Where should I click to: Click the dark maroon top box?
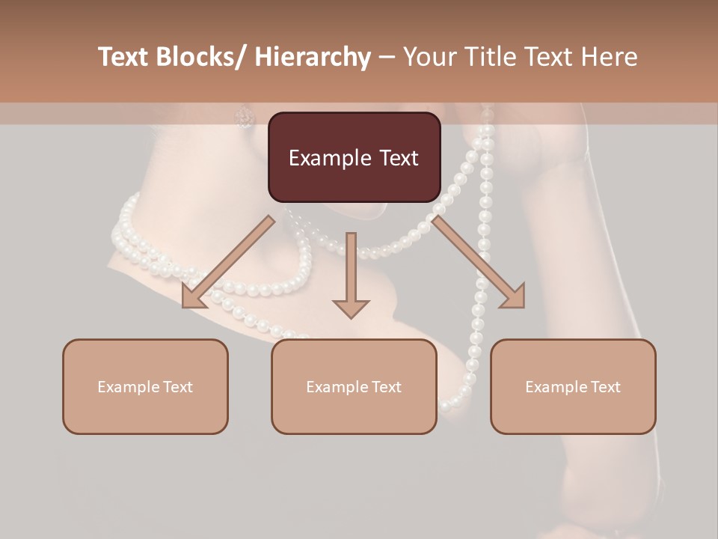click(x=354, y=157)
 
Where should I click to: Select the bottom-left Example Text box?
click(x=145, y=386)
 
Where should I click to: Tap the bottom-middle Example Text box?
click(x=354, y=386)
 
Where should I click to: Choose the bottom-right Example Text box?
click(x=573, y=386)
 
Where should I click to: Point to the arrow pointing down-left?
click(x=228, y=262)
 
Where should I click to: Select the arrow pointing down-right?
click(x=479, y=262)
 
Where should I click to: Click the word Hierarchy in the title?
click(x=313, y=57)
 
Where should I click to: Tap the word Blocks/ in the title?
click(x=200, y=57)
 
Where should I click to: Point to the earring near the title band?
click(x=245, y=116)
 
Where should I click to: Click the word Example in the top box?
click(x=330, y=158)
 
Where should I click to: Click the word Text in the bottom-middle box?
click(x=385, y=387)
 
